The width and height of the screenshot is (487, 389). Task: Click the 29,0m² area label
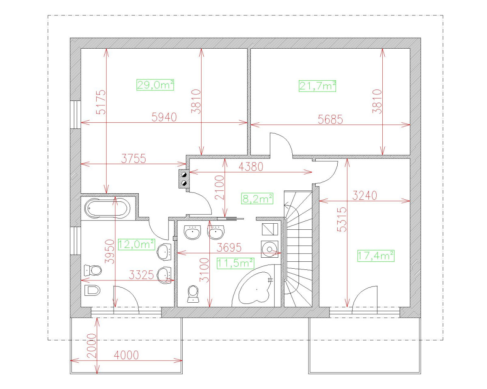pyautogui.click(x=155, y=85)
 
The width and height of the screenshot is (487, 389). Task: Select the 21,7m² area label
pyautogui.click(x=318, y=86)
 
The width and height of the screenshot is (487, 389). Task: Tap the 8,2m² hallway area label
pyautogui.click(x=257, y=199)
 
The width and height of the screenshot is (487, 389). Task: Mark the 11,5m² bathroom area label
pyautogui.click(x=235, y=263)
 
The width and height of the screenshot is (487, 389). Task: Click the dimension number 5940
pyautogui.click(x=164, y=118)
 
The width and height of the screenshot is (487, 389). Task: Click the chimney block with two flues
pyautogui.click(x=184, y=179)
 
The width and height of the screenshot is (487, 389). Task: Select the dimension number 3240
pyautogui.click(x=365, y=196)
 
